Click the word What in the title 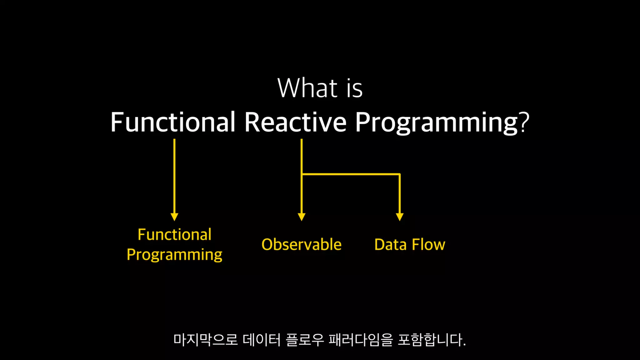click(307, 88)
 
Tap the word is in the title click(354, 88)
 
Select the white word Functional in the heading click(173, 122)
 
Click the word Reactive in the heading click(295, 122)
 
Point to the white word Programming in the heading click(437, 122)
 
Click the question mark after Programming click(524, 122)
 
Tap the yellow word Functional click(175, 234)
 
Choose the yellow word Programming click(175, 255)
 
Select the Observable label click(302, 244)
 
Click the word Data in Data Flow click(390, 244)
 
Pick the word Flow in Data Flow click(428, 244)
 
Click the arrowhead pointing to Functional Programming click(174, 217)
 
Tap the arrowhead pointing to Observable click(302, 217)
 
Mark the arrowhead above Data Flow click(400, 217)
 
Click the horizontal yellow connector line click(351, 174)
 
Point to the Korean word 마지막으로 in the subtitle click(206, 340)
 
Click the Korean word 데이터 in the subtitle click(262, 340)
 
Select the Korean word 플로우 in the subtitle click(305, 340)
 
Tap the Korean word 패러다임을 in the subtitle click(361, 340)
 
